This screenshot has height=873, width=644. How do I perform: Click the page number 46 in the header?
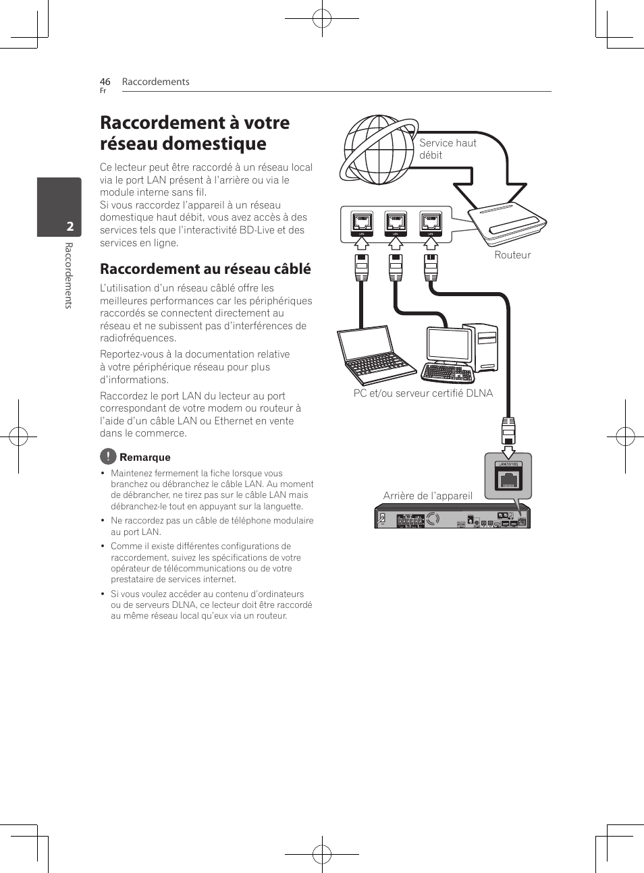(x=105, y=82)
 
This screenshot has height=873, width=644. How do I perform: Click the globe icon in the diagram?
(x=378, y=150)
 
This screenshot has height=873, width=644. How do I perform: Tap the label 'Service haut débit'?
(x=447, y=149)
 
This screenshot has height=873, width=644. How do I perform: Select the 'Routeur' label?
(x=512, y=255)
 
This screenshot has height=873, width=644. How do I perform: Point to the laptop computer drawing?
(x=375, y=355)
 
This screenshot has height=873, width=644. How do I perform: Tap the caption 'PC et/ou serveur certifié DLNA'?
(x=423, y=393)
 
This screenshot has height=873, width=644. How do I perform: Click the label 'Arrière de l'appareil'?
(x=427, y=496)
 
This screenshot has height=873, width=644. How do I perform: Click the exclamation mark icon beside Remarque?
(x=108, y=456)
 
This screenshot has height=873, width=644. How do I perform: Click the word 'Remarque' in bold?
(x=145, y=457)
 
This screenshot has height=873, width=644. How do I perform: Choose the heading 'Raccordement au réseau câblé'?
(x=205, y=269)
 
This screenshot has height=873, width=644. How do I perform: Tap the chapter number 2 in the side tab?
(x=70, y=227)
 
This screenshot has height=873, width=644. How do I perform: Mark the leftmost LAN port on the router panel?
(x=362, y=222)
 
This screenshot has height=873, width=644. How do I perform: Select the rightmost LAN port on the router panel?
(x=431, y=222)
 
